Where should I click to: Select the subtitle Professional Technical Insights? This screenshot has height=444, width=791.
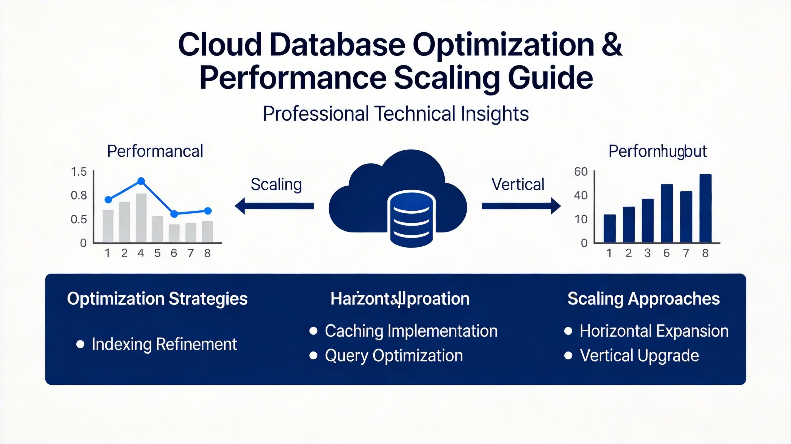[x=395, y=114]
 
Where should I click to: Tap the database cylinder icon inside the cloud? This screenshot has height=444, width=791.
[x=411, y=218]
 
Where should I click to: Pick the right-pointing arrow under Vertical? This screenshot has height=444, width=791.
[x=521, y=206]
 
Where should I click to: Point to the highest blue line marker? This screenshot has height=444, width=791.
[x=141, y=181]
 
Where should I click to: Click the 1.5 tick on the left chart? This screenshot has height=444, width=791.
[x=79, y=171]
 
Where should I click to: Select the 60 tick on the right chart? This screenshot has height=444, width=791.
[x=581, y=171]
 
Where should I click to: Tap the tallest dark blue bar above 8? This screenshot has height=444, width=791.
[x=705, y=208]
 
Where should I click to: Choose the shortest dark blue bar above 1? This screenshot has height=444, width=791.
[x=610, y=229]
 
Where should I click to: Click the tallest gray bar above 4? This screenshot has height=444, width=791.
[x=141, y=218]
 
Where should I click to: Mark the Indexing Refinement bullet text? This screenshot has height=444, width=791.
[x=164, y=344]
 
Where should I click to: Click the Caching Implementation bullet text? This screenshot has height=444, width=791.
[x=411, y=331]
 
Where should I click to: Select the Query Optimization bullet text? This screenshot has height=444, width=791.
[x=394, y=355]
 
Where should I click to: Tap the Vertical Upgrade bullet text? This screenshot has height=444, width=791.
[x=639, y=355]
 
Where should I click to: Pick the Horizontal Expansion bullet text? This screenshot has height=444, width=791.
[x=654, y=331]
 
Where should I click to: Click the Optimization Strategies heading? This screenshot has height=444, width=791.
[x=157, y=299]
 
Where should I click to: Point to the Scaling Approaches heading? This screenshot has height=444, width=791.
[x=644, y=299]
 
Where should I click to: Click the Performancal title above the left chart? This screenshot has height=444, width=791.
[x=155, y=151]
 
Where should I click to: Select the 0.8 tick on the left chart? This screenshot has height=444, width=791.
[x=79, y=195]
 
